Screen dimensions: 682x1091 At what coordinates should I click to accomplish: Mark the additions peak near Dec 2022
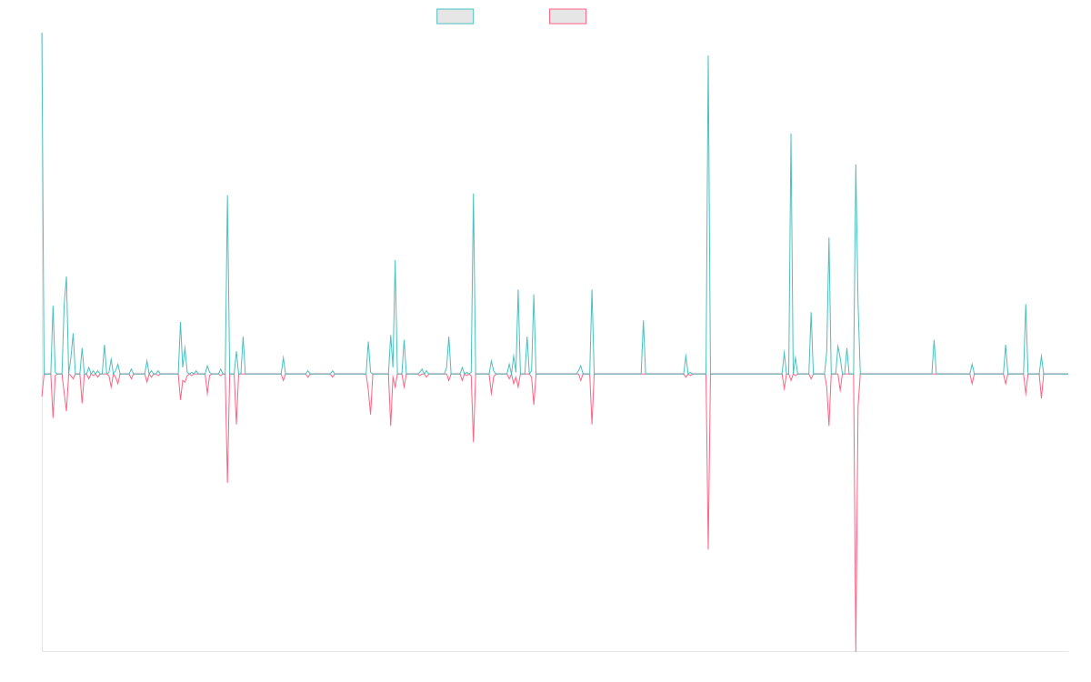[708, 56]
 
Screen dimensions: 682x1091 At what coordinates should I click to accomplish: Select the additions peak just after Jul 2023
[791, 134]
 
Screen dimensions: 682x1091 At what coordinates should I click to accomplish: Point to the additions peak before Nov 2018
[227, 196]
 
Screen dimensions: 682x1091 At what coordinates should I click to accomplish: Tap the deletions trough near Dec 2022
[708, 548]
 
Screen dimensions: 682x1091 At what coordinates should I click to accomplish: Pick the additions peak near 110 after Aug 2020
[474, 194]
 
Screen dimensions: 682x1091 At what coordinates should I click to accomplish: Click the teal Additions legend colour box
[455, 16]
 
